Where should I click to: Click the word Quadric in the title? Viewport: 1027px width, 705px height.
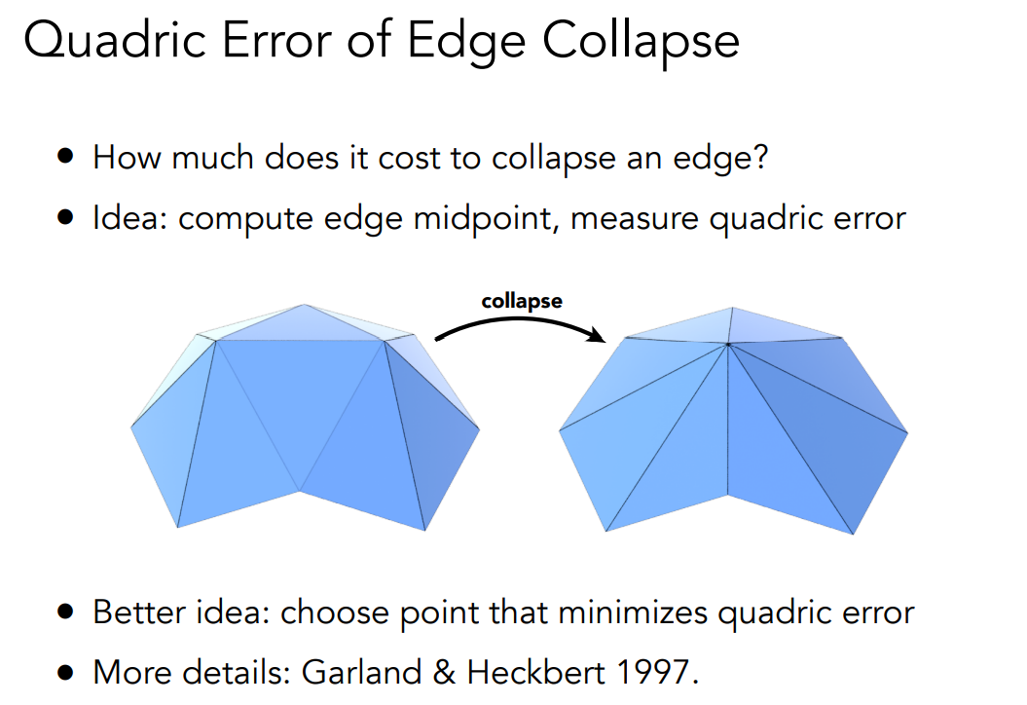pyautogui.click(x=115, y=41)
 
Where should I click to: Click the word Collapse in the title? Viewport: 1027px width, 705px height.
pyautogui.click(x=641, y=41)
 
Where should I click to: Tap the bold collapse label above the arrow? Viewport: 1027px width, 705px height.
pyautogui.click(x=522, y=301)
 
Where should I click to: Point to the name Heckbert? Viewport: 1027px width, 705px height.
pyautogui.click(x=535, y=672)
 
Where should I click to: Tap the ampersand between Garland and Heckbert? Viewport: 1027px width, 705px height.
pyautogui.click(x=444, y=672)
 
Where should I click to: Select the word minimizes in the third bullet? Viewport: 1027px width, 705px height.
pyautogui.click(x=633, y=612)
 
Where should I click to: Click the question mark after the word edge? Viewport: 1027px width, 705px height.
pyautogui.click(x=760, y=157)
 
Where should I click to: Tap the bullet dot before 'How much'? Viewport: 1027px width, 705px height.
pyautogui.click(x=65, y=156)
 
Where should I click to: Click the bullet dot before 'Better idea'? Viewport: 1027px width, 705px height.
pyautogui.click(x=65, y=612)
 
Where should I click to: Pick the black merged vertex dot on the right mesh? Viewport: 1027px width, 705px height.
pyautogui.click(x=728, y=344)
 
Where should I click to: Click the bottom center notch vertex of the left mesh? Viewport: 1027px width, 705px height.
pyautogui.click(x=299, y=491)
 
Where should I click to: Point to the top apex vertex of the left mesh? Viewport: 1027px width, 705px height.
pyautogui.click(x=304, y=304)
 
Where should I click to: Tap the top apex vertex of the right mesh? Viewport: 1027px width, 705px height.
pyautogui.click(x=732, y=307)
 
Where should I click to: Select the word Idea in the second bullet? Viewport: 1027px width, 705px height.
pyautogui.click(x=130, y=217)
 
